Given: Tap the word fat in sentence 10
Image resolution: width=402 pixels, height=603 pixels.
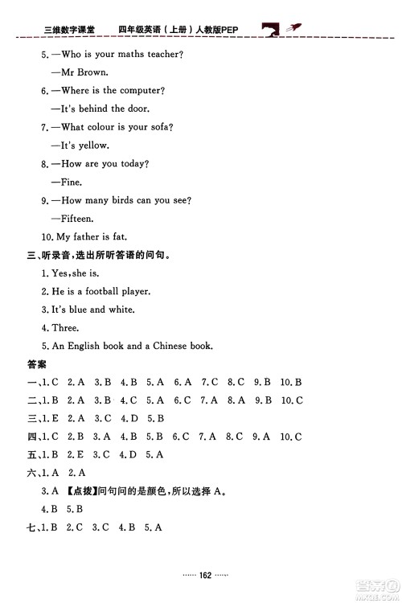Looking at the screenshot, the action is tap(117, 237).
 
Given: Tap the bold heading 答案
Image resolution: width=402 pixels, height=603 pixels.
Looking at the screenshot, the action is tap(37, 364).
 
